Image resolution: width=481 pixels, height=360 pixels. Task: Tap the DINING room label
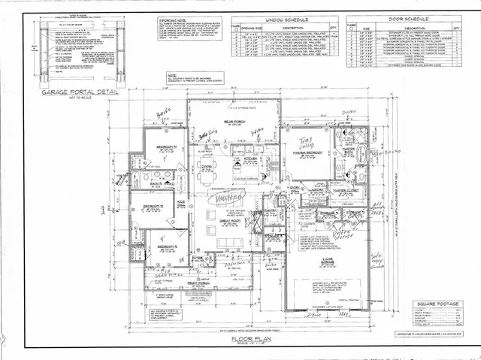204,166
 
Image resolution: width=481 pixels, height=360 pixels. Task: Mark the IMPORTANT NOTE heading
176,20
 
